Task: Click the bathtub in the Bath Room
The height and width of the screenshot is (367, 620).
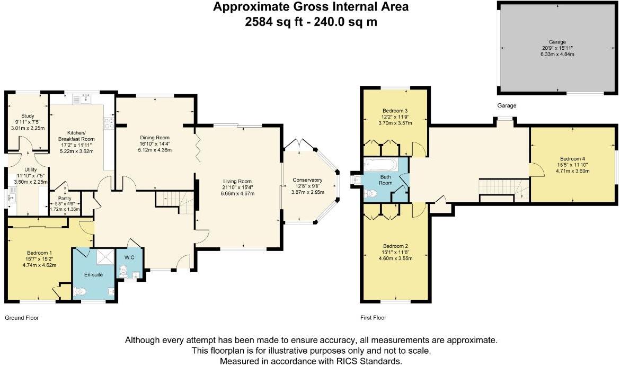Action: click(x=380, y=164)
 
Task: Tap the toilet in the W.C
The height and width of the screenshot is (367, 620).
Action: click(x=123, y=271)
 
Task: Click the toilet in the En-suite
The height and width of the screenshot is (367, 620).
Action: click(x=80, y=292)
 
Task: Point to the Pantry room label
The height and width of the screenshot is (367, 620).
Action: click(x=65, y=198)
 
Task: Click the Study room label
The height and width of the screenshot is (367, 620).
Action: click(x=28, y=116)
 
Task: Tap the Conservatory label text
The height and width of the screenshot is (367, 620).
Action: click(x=308, y=180)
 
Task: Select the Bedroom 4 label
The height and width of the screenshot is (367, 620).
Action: click(x=572, y=159)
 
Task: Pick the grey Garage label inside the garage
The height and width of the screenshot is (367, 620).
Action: click(x=557, y=42)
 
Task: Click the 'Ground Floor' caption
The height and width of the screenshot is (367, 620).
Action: click(x=22, y=318)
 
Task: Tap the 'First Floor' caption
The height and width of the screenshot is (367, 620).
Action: click(x=373, y=318)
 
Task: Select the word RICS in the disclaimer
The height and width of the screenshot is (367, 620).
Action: click(x=347, y=361)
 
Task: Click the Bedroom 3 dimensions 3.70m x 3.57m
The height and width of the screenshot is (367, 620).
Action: click(x=395, y=123)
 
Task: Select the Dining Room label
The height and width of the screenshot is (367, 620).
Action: click(x=155, y=138)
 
